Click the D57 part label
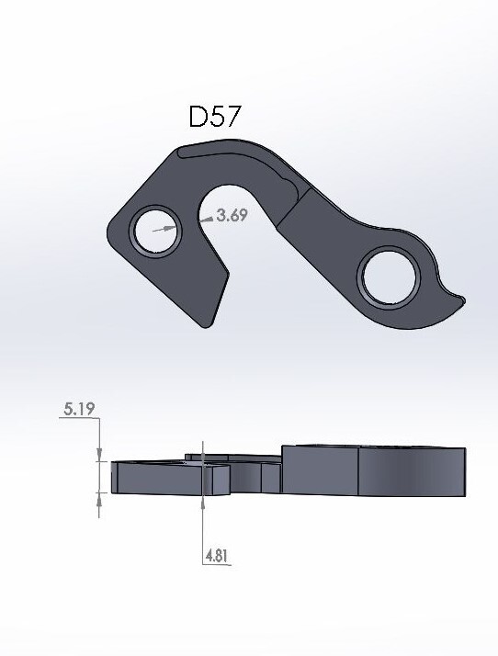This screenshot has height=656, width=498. point(216,118)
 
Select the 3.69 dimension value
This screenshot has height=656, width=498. point(231,217)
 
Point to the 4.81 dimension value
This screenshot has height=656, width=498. point(216,556)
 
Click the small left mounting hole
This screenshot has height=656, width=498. point(153,230)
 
